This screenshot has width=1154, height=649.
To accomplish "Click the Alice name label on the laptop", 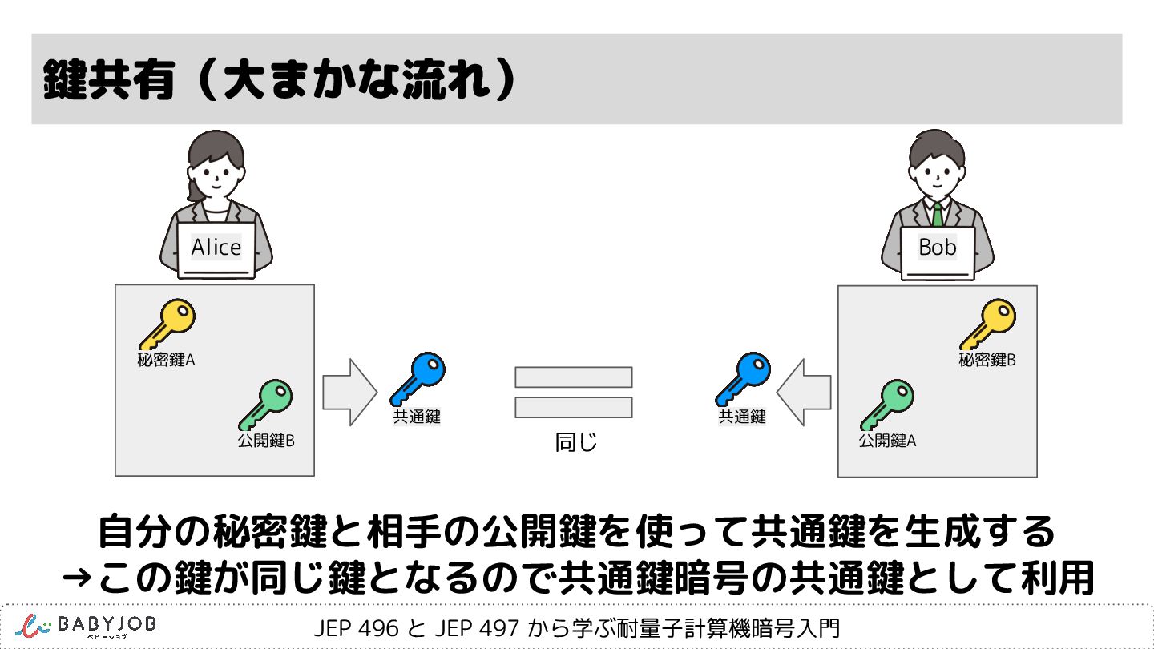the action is pyautogui.click(x=216, y=248).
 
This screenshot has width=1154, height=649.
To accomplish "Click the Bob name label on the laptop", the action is pyautogui.click(x=938, y=248).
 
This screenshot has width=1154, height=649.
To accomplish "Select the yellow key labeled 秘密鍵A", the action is pyautogui.click(x=167, y=323).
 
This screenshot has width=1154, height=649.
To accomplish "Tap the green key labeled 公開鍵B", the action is pyautogui.click(x=265, y=404).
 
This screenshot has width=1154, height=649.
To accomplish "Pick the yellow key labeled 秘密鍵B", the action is pyautogui.click(x=987, y=324).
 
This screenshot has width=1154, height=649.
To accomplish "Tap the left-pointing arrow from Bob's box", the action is pyautogui.click(x=804, y=392).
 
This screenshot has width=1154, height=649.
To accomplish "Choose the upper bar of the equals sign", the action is pyautogui.click(x=574, y=377).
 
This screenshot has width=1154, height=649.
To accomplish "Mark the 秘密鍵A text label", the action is pyautogui.click(x=167, y=360).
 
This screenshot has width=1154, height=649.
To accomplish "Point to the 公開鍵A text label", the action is pyautogui.click(x=887, y=440).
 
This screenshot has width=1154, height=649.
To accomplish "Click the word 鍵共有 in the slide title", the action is pyautogui.click(x=110, y=80).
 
